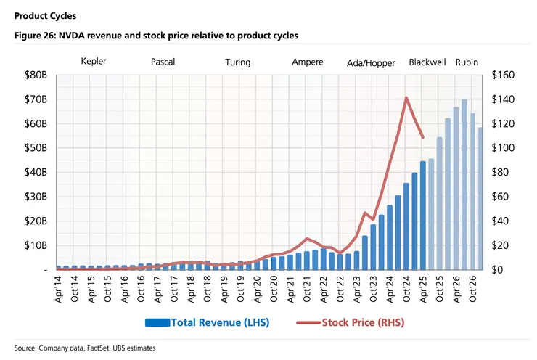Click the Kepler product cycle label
(x=94, y=62)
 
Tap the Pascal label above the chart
(x=163, y=62)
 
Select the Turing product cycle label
(x=237, y=62)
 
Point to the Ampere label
(x=308, y=62)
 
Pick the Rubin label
(x=467, y=62)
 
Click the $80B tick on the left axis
(x=36, y=75)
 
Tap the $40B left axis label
(x=36, y=173)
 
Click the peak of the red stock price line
(x=406, y=97)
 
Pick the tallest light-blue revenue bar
(x=464, y=185)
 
